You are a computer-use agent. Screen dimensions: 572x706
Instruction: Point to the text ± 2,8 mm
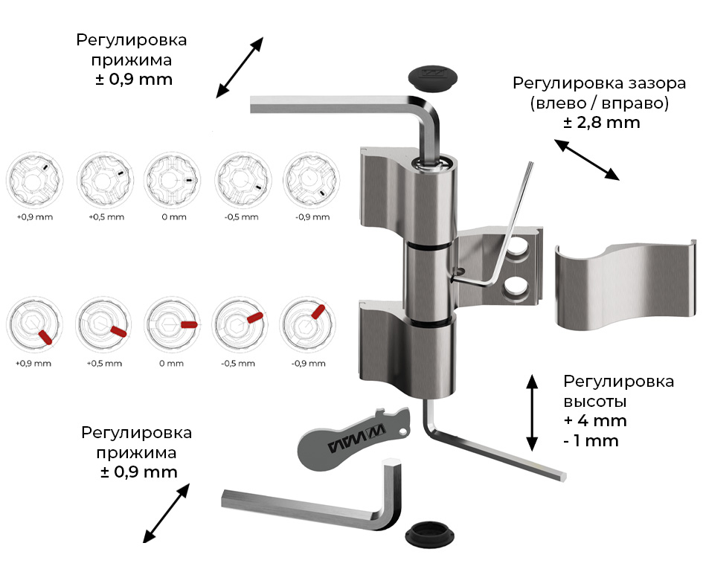(x=601, y=123)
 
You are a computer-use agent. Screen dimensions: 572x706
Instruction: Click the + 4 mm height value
(x=595, y=421)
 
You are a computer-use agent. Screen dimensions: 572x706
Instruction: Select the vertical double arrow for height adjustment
(x=532, y=412)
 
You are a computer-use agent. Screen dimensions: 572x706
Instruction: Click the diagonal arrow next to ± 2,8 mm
(x=588, y=159)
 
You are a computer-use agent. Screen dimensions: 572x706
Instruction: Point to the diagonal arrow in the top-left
(x=240, y=67)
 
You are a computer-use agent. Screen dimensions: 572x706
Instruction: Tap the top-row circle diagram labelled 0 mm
(x=173, y=181)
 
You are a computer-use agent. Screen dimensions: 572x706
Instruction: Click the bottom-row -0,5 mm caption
(x=239, y=364)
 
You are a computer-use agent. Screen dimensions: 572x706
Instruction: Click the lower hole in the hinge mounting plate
(x=517, y=288)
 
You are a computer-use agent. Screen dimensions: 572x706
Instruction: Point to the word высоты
(x=594, y=402)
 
